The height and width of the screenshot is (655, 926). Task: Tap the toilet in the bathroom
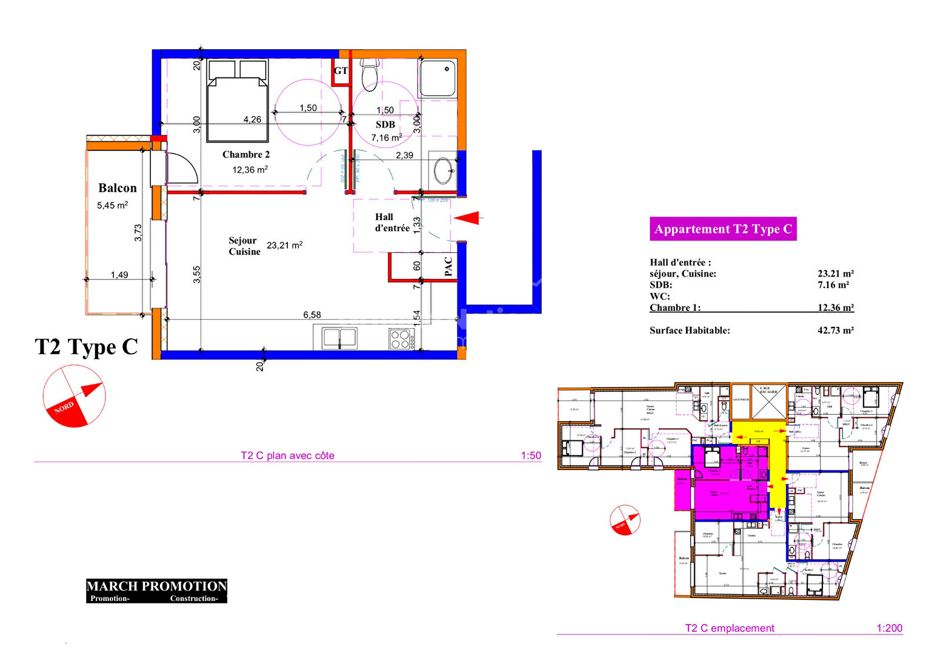click(369, 73)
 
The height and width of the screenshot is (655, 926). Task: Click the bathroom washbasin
click(443, 170)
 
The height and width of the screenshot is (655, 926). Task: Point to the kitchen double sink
click(339, 338)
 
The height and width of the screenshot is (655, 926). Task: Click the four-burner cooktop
click(400, 339)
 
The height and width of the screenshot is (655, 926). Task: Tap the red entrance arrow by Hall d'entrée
click(467, 218)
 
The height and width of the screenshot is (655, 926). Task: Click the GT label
click(341, 71)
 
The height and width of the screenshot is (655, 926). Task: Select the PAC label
click(448, 266)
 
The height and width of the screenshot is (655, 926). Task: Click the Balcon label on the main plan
click(118, 188)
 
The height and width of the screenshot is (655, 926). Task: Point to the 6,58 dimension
click(312, 315)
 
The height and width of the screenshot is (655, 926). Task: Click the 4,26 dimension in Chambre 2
click(252, 119)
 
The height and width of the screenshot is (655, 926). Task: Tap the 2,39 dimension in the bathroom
click(404, 155)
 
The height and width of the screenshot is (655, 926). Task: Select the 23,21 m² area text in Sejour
click(284, 246)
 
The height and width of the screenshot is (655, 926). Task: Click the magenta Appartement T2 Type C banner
click(723, 229)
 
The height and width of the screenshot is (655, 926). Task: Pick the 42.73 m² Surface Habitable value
click(835, 331)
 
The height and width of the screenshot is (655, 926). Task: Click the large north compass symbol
click(74, 396)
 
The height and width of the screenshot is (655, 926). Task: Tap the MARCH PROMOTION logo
click(156, 591)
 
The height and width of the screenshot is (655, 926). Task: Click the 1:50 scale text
click(531, 455)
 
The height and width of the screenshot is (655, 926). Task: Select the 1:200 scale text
click(889, 628)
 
